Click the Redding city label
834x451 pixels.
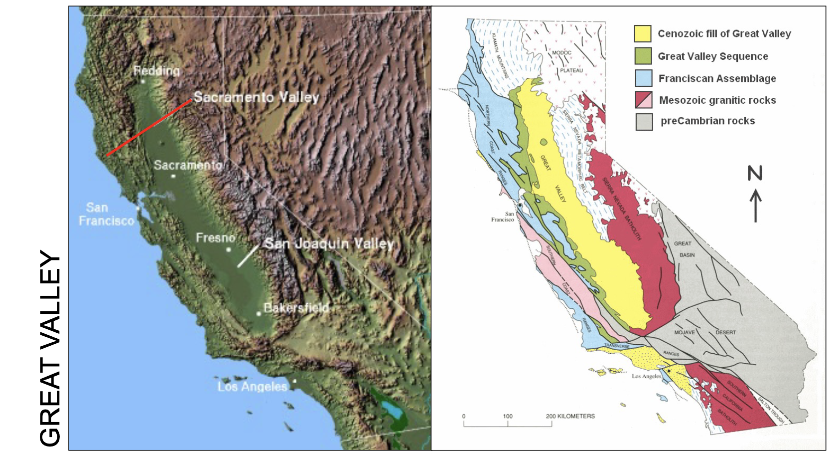156,71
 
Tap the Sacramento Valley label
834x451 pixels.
256,97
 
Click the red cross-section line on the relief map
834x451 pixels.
148,128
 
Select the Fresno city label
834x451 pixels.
215,237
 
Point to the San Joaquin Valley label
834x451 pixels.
329,243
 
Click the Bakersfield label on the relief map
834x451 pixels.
296,307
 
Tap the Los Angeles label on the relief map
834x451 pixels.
252,386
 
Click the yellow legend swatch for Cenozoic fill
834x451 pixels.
643,34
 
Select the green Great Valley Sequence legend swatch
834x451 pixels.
643,56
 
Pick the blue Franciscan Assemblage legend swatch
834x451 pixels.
643,78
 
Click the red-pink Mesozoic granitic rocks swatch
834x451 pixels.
643,100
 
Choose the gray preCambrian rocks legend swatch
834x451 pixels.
644,121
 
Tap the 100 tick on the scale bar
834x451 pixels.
508,416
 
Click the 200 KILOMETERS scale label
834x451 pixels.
570,416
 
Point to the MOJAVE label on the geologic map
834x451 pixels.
684,332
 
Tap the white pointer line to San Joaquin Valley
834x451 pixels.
248,256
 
